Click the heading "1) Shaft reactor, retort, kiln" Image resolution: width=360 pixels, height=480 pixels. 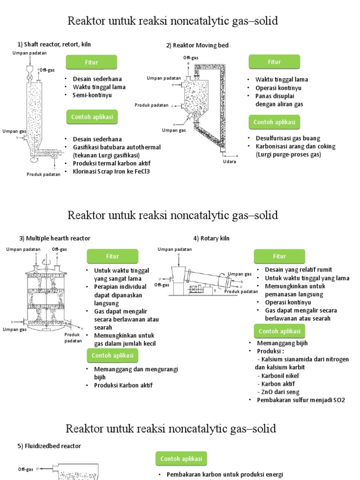tap(54, 45)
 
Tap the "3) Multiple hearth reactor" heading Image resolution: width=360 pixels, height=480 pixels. tap(54, 238)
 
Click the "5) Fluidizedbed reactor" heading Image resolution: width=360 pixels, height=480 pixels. tap(49, 446)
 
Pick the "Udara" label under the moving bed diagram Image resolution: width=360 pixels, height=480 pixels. tap(229, 162)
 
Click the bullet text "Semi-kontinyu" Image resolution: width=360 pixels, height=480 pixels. tap(92, 95)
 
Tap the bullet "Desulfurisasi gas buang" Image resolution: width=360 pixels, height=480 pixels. tap(288, 138)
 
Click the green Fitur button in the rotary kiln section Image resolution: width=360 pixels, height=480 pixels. tap(279, 256)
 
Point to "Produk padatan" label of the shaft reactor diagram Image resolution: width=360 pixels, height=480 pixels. tap(44, 174)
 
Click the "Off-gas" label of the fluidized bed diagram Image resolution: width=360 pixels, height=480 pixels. tap(25, 468)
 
